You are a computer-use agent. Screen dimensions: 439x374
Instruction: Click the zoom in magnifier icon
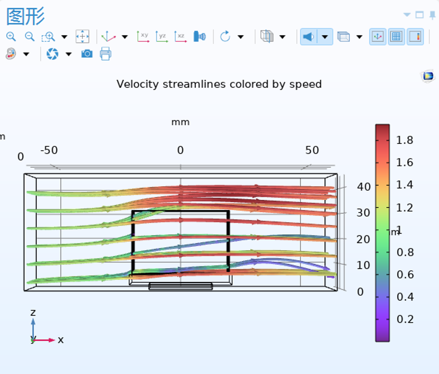click(x=11, y=37)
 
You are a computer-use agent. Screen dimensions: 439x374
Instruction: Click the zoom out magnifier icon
click(x=30, y=37)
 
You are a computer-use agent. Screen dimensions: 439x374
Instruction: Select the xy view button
click(x=143, y=37)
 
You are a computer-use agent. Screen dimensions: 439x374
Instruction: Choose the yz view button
click(x=162, y=37)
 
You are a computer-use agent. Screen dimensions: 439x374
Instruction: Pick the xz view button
click(x=181, y=37)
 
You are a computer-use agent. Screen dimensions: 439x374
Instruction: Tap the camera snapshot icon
click(x=87, y=54)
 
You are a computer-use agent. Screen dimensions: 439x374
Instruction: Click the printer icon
click(x=105, y=54)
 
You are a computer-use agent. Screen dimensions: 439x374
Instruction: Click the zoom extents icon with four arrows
click(x=83, y=37)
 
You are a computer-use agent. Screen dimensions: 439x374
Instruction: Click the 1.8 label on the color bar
click(x=405, y=140)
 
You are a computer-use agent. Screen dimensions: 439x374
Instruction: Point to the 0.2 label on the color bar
click(x=405, y=319)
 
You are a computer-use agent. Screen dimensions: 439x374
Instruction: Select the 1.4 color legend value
click(x=405, y=185)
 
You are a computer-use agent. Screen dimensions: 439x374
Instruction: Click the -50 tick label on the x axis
click(x=49, y=150)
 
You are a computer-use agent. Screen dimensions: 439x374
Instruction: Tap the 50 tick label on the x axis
click(x=312, y=150)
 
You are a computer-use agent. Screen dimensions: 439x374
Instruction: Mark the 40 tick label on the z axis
click(x=364, y=187)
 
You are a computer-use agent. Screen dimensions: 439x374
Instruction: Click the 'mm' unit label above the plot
click(x=181, y=122)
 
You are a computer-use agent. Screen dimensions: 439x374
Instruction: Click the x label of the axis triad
click(x=61, y=340)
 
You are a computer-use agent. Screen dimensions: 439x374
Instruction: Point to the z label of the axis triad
click(x=33, y=313)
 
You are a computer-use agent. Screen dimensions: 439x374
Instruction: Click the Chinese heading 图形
click(x=25, y=16)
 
